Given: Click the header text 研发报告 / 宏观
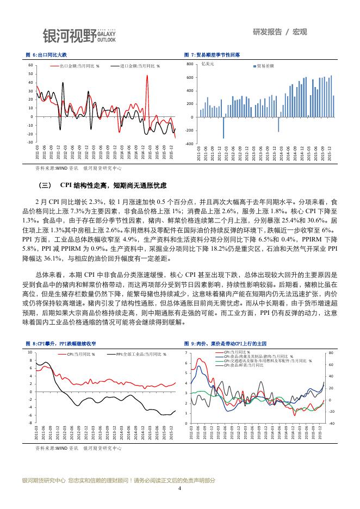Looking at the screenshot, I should point(280,32).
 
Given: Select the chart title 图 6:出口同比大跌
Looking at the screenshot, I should point(46,55).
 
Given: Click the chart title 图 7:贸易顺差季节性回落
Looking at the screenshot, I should point(212,55).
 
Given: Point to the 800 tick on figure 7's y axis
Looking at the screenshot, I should point(190,64).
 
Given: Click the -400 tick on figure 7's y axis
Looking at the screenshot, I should point(189,144).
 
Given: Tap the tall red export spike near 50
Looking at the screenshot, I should point(147,77).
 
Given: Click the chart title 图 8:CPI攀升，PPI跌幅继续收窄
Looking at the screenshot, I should point(61,344).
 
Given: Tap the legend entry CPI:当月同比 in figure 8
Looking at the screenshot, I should point(82,354).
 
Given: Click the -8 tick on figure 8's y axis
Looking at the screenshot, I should point(30,422).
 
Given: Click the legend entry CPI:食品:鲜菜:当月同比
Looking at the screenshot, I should point(245,365).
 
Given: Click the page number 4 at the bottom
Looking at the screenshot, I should point(179,488).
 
